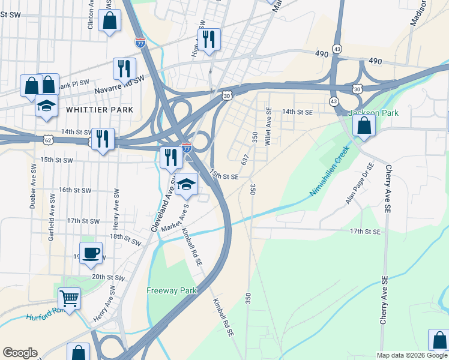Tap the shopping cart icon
pos(70,297)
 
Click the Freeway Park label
pos(172,291)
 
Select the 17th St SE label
pos(365,231)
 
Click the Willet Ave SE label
pos(268,121)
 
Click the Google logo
pos(20,353)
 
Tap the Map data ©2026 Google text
pos(412,355)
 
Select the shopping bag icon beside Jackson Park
pos(364,125)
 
